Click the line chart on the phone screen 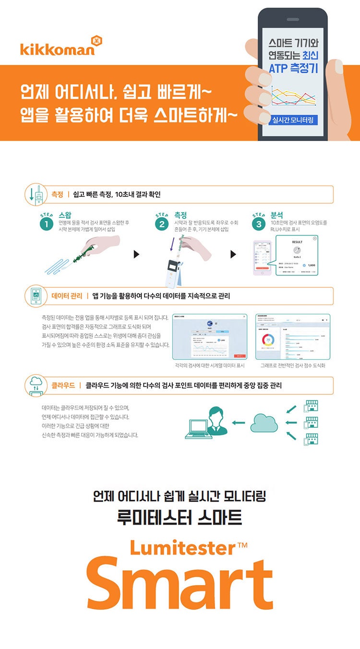click(293, 96)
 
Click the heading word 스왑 click(65, 215)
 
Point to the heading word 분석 click(277, 215)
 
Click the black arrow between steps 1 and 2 click(136, 254)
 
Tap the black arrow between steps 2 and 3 click(234, 254)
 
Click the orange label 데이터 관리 click(67, 296)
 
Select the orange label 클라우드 click(63, 385)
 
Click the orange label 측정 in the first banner click(57, 194)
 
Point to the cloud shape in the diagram click(264, 422)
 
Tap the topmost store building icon click(312, 406)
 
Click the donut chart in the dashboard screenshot click(269, 340)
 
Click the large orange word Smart click(180, 586)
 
